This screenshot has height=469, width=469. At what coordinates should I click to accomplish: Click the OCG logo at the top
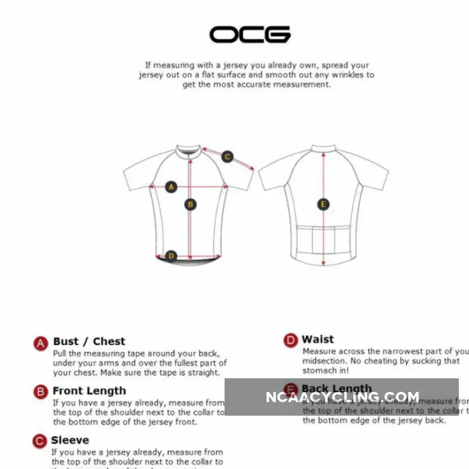(x=250, y=35)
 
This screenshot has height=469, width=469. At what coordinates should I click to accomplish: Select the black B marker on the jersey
(x=191, y=204)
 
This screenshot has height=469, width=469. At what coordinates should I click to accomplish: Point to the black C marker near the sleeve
(x=227, y=157)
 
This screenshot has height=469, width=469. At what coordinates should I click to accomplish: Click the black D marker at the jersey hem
(x=171, y=256)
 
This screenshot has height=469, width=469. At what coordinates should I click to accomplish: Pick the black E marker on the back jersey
(x=323, y=204)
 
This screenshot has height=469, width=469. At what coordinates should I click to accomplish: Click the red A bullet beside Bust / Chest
(x=40, y=343)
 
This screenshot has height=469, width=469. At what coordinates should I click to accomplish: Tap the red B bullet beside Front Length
(x=40, y=392)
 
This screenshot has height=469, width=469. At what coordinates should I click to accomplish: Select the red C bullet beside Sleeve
(x=39, y=441)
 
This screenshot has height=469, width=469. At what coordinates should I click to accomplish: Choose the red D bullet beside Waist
(x=290, y=340)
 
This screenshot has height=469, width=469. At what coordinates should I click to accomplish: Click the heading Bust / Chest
(x=89, y=341)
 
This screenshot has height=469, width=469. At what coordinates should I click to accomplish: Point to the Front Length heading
(x=89, y=391)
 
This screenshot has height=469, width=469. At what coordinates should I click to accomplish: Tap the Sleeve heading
(x=70, y=440)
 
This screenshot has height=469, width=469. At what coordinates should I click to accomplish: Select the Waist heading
(x=318, y=339)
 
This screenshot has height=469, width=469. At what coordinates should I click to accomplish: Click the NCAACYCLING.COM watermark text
(x=342, y=397)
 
